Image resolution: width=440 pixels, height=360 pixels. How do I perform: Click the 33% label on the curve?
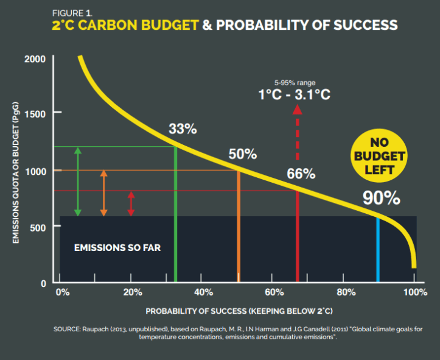(x=183, y=129)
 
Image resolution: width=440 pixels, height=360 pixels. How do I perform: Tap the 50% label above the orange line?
(x=243, y=154)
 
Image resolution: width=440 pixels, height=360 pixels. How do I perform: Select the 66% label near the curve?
(x=301, y=174)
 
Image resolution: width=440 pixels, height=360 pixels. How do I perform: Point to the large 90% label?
(x=381, y=198)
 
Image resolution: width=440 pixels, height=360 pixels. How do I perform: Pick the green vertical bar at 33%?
(x=176, y=213)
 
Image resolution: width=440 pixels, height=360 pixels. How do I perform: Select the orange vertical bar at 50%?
(x=238, y=225)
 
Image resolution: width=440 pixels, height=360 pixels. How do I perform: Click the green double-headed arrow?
(x=77, y=181)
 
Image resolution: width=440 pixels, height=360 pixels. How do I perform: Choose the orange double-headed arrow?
(x=103, y=192)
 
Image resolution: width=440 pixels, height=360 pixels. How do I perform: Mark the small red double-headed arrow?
(x=131, y=203)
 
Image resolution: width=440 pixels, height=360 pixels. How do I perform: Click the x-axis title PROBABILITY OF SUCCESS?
(x=239, y=311)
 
